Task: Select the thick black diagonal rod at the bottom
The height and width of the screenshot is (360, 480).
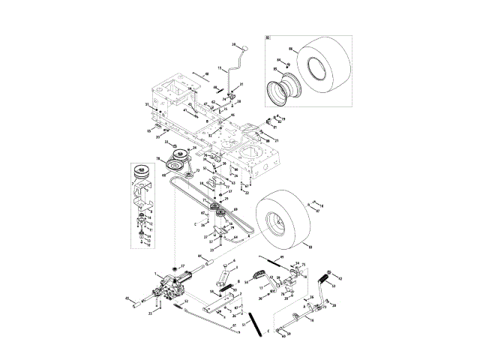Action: click(257, 324)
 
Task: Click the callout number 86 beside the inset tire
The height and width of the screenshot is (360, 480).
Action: click(291, 49)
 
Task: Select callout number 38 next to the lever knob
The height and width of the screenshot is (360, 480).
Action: click(233, 44)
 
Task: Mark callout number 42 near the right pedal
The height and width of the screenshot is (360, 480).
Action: click(340, 277)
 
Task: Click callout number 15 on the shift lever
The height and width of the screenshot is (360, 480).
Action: click(220, 68)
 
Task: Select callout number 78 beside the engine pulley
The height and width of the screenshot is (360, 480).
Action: click(157, 158)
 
